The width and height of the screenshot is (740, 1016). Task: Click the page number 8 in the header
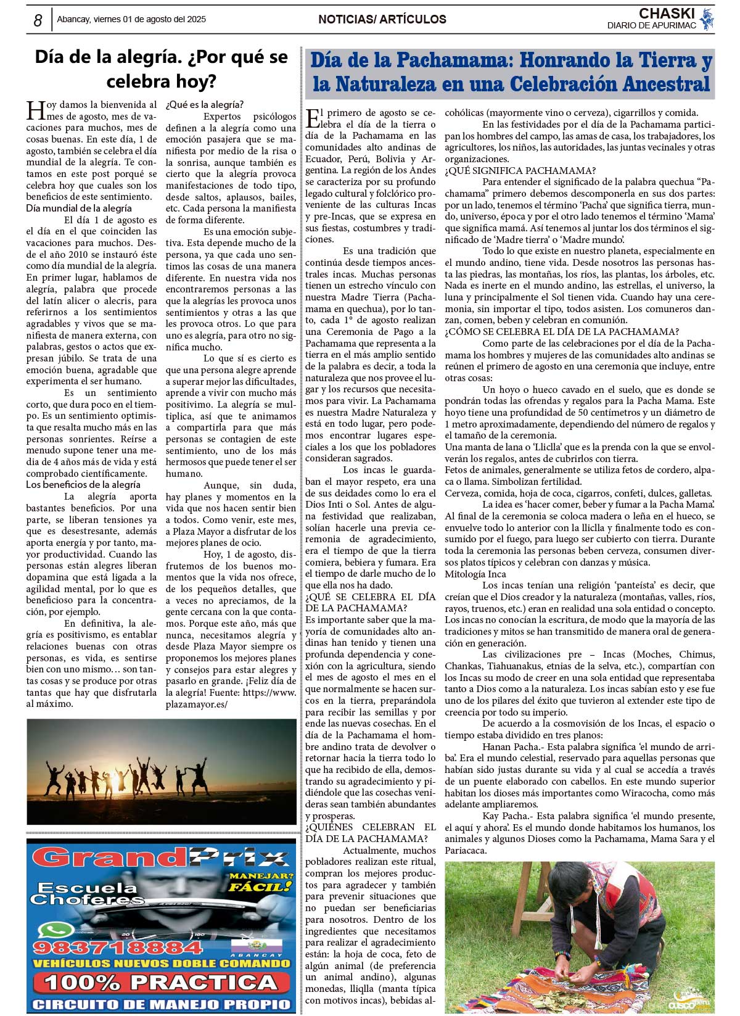pos(38,20)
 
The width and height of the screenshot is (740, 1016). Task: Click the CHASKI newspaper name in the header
pos(667,14)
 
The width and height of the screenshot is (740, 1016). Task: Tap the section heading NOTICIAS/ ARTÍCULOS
pos(382,20)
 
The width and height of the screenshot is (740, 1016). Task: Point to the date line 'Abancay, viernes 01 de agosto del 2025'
pos(131,20)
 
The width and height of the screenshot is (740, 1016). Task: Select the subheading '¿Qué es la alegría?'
pos(205,105)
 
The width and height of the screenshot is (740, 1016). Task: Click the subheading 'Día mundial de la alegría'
pos(79,209)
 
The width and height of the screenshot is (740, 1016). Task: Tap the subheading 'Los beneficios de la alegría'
pos(83,485)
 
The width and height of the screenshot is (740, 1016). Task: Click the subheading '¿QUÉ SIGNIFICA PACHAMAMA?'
pos(520,171)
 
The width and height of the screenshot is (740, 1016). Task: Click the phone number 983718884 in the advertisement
pos(118,948)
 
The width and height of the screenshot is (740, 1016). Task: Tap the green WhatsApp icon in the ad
pos(56,930)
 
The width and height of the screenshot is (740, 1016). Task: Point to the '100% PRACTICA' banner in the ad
pos(161,982)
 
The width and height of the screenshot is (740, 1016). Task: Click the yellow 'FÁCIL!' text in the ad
pos(260,887)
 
